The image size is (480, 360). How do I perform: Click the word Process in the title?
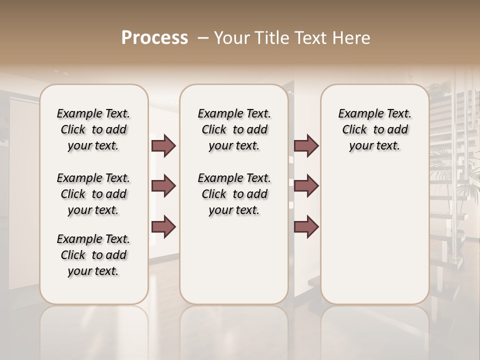(154, 38)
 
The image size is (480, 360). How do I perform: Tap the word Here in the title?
(351, 38)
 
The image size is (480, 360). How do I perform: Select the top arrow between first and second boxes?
(163, 146)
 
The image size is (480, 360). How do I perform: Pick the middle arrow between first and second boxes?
(163, 186)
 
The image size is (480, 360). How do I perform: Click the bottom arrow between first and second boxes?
(163, 226)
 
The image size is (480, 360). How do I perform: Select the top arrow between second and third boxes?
(306, 146)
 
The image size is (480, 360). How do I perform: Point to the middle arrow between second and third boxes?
(306, 186)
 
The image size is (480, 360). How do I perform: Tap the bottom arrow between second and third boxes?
(306, 226)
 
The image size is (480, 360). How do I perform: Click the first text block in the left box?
(93, 129)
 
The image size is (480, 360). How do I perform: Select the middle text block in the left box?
(93, 194)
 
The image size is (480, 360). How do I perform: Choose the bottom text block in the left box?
(93, 255)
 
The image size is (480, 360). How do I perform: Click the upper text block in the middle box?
(234, 129)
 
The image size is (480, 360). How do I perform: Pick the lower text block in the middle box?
(234, 194)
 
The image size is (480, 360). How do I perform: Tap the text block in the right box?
(374, 129)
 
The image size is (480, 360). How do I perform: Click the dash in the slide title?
(203, 38)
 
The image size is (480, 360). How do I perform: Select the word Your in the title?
(231, 38)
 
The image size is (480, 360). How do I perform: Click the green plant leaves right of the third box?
(452, 165)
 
